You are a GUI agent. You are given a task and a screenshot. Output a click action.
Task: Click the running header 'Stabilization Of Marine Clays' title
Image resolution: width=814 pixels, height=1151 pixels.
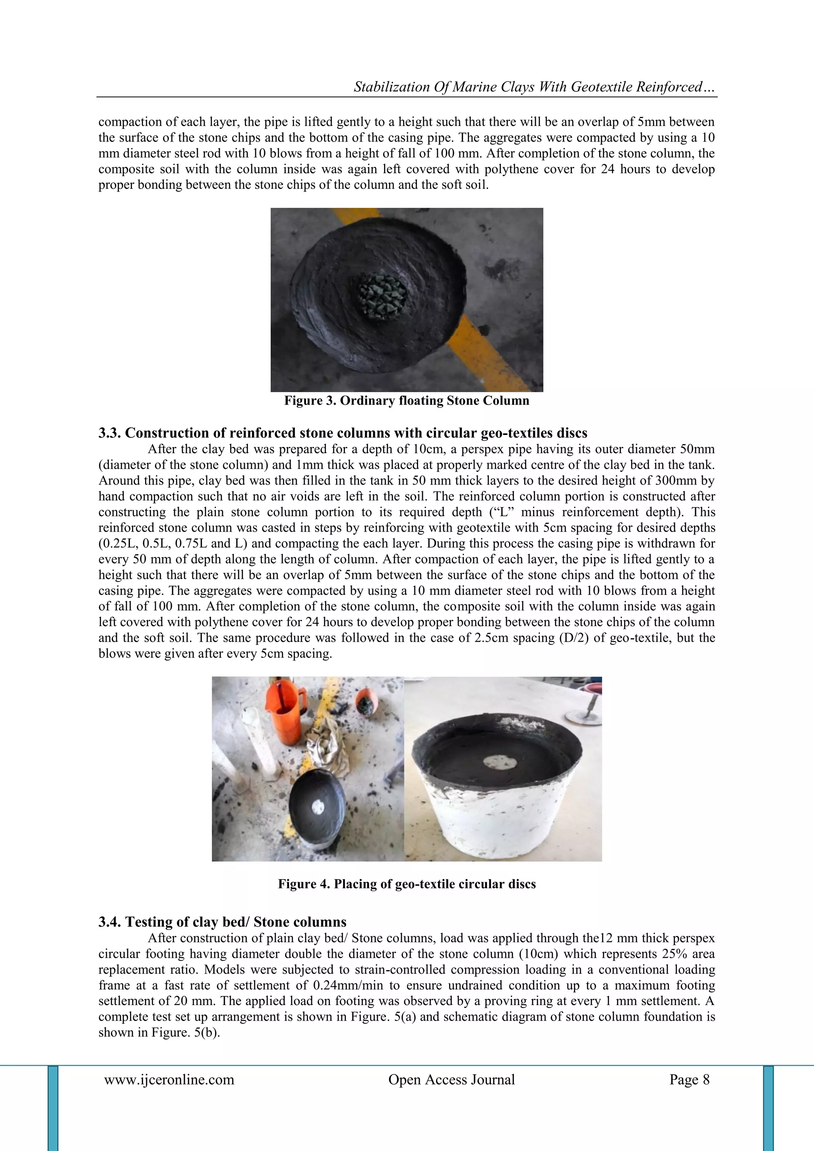[x=534, y=87]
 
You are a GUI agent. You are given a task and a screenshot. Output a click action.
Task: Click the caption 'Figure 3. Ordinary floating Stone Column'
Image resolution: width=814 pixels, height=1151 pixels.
[x=407, y=400]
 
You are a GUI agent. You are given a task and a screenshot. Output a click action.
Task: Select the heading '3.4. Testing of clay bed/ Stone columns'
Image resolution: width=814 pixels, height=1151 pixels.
[x=222, y=922]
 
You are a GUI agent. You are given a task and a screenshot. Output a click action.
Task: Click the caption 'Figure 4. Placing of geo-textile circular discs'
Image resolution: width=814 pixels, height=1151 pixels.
[x=407, y=884]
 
